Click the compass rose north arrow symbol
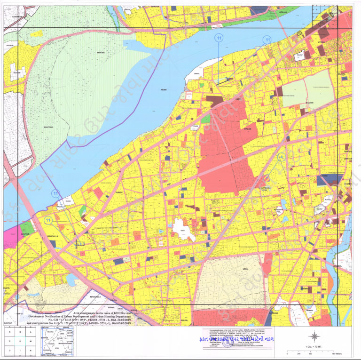tap(314, 336)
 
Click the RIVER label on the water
tap(164, 90)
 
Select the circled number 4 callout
tap(281, 157)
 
